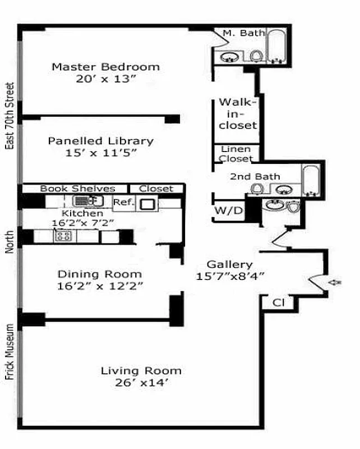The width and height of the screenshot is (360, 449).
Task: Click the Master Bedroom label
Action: pyautogui.click(x=105, y=67)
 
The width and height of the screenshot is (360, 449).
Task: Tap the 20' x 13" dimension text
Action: pyautogui.click(x=106, y=79)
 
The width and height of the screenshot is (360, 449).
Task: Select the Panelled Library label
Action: pyautogui.click(x=100, y=141)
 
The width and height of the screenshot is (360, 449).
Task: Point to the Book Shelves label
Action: pyautogui.click(x=77, y=189)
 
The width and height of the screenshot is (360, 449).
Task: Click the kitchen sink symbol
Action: pyautogui.click(x=85, y=201)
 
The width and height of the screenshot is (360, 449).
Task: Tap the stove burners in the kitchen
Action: pyautogui.click(x=62, y=236)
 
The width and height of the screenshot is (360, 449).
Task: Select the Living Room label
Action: pyautogui.click(x=141, y=370)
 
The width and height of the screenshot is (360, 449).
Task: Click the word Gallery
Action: pyautogui.click(x=229, y=264)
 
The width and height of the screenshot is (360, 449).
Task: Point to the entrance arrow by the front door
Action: pyautogui.click(x=336, y=282)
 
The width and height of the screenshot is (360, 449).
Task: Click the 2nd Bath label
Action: pyautogui.click(x=255, y=177)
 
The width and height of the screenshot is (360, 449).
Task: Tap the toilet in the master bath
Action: pyautogui.click(x=256, y=56)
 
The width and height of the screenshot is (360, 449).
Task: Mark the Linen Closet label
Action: pyautogui.click(x=236, y=154)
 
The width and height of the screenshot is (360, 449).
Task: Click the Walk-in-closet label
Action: pyautogui.click(x=237, y=114)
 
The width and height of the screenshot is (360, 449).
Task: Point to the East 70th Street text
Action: pyautogui.click(x=10, y=116)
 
